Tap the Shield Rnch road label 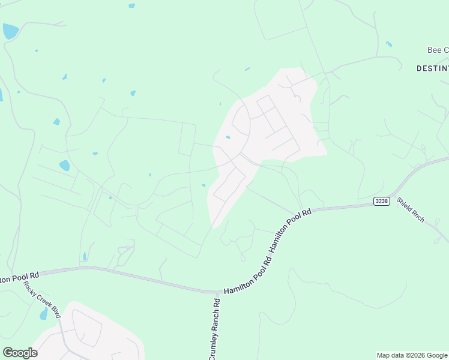(x=411, y=210)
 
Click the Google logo (x=20, y=352)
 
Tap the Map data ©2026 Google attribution (x=412, y=355)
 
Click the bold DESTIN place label (x=432, y=68)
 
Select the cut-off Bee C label (x=437, y=50)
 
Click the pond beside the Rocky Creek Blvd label (x=43, y=314)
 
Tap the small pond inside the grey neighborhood (x=228, y=137)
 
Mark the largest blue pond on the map (x=10, y=31)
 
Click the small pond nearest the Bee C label (x=389, y=44)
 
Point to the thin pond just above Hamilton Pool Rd (x=85, y=256)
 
